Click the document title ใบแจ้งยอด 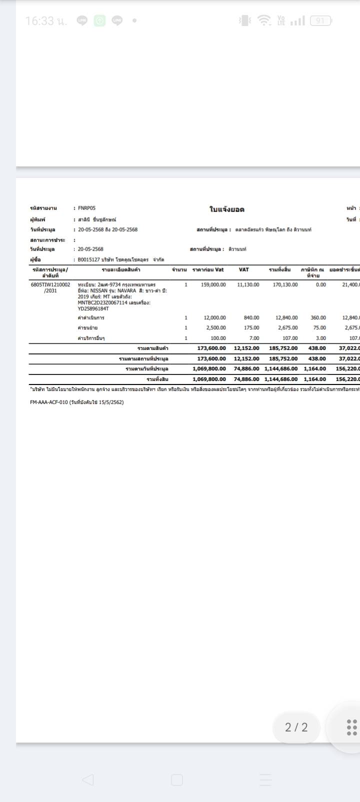coord(226,209)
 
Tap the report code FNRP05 coord(87,208)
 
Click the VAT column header coord(244,270)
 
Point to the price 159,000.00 coord(213,284)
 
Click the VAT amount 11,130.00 coord(248,284)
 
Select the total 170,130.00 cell coord(285,284)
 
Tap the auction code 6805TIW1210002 coord(50,284)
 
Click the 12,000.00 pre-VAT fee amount coord(214,317)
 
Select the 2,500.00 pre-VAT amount coord(216,328)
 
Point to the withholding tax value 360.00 coord(318,317)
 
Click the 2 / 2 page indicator coord(296,727)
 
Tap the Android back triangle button coord(87,779)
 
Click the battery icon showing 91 coord(320,20)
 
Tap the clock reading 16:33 coord(40,21)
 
